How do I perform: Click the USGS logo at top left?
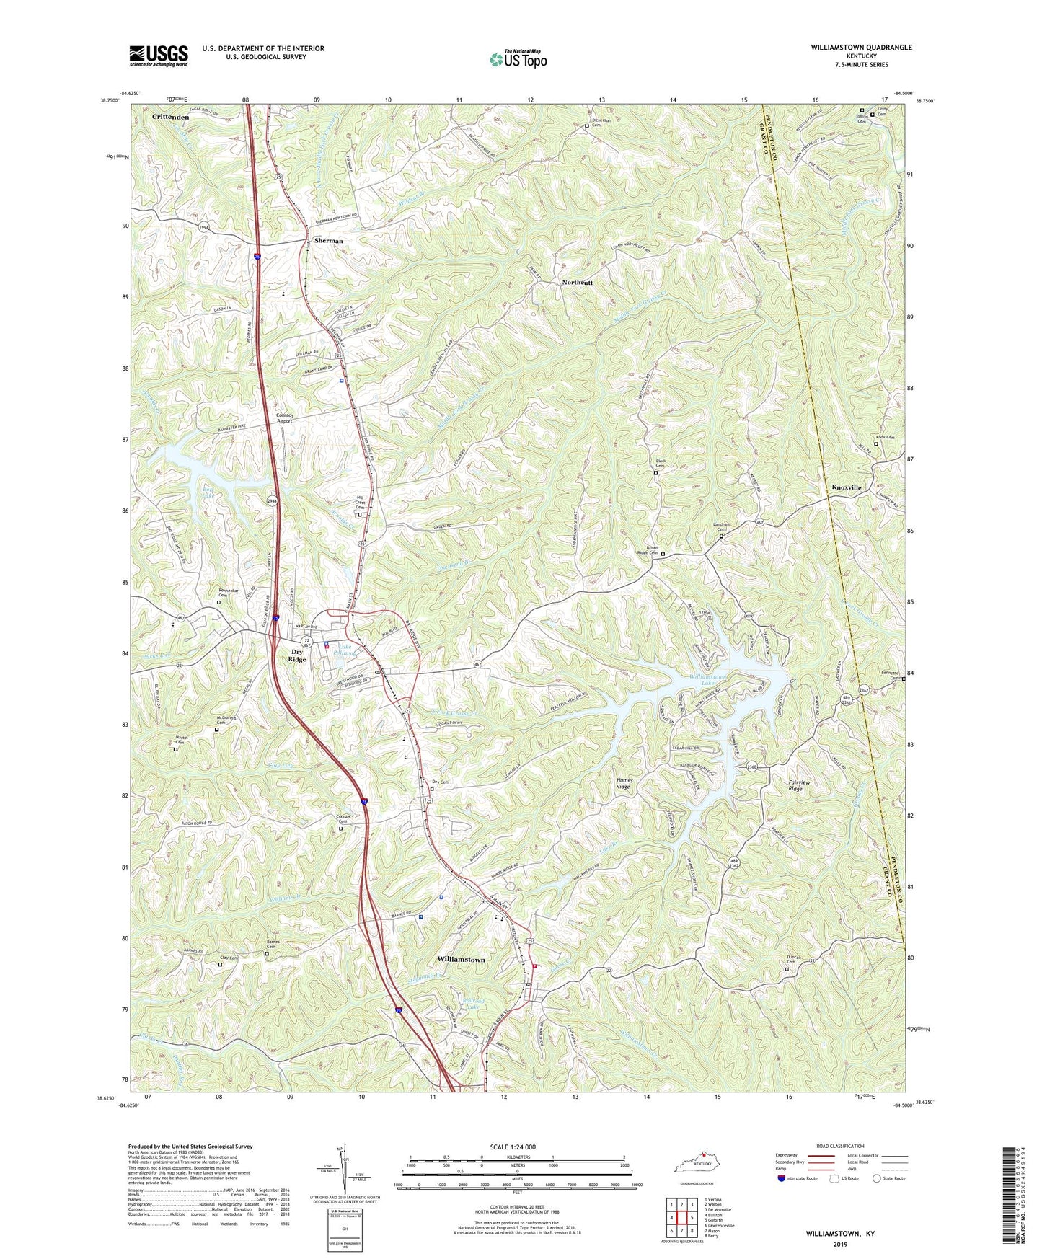159,55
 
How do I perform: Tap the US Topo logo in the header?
517,59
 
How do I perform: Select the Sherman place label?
328,240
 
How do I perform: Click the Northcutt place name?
577,283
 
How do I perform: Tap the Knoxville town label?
846,487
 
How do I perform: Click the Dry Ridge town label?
296,655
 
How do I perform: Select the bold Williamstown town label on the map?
461,960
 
